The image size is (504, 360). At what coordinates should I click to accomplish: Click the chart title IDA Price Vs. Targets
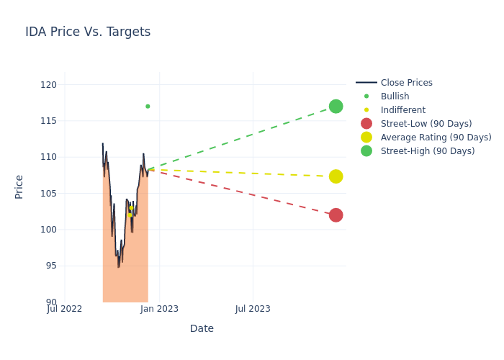[88, 32]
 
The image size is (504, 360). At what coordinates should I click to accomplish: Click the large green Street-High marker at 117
[336, 107]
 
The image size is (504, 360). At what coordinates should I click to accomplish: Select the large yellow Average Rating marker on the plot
[336, 176]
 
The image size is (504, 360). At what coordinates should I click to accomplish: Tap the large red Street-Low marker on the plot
[336, 215]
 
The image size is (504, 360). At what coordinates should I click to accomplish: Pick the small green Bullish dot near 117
[148, 107]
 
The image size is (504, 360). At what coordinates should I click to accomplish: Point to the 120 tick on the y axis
[48, 85]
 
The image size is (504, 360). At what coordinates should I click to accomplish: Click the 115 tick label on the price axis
[48, 121]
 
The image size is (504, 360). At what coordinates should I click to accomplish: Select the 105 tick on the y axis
[48, 194]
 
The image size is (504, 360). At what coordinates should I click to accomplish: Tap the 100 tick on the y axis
[48, 230]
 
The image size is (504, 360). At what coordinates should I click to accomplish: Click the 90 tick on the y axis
[50, 302]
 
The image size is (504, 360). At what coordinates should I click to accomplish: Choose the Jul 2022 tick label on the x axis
[65, 310]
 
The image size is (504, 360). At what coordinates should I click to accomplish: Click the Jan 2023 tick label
[159, 310]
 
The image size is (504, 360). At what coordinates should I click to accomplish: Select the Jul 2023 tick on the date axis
[253, 310]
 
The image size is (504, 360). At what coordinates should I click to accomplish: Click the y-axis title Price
[19, 186]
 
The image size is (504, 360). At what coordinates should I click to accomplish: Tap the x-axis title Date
[202, 329]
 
